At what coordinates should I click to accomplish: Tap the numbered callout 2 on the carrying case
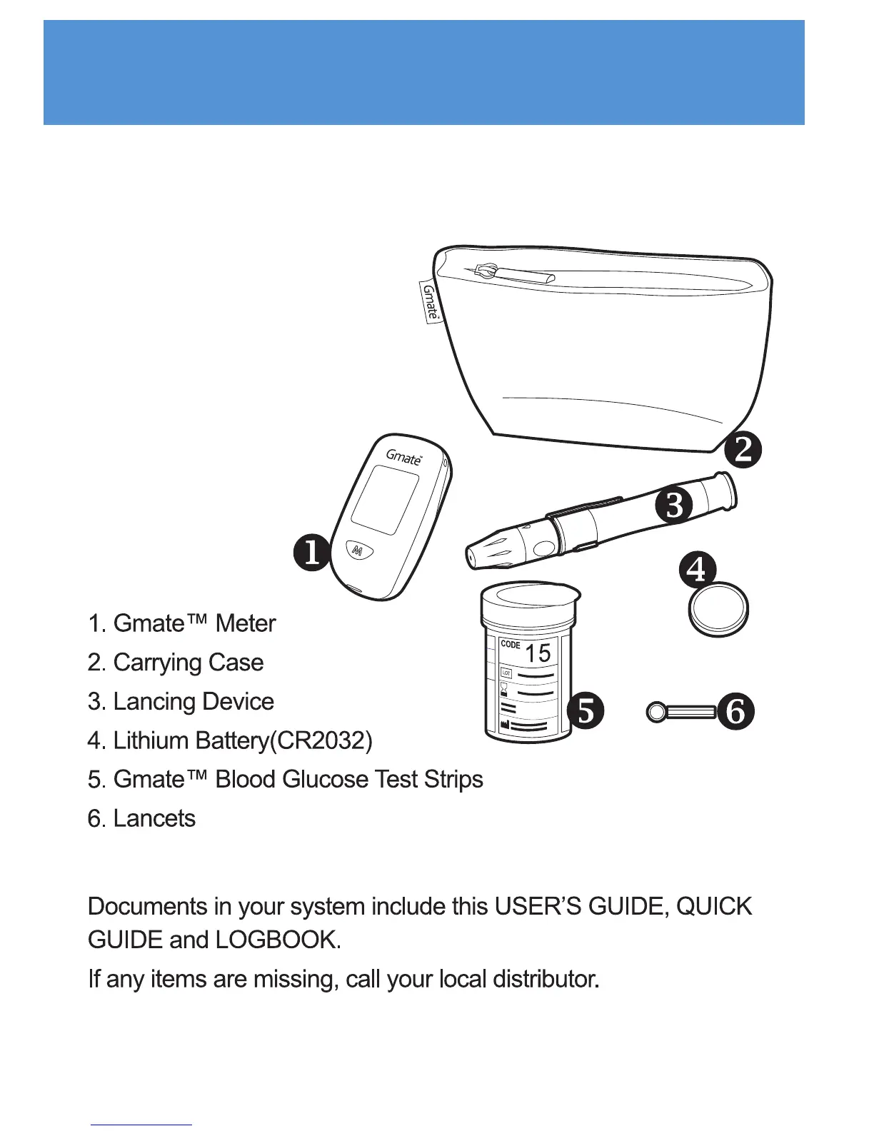(x=743, y=450)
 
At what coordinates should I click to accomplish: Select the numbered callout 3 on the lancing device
(x=674, y=505)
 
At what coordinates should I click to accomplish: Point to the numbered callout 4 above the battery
(x=696, y=569)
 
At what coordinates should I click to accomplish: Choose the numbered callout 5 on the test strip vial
(x=586, y=710)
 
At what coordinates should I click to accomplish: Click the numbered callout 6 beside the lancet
(x=735, y=711)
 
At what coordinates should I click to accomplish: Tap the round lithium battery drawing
(x=718, y=610)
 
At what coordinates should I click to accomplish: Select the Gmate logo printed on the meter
(x=404, y=457)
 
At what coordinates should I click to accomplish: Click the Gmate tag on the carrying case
(x=430, y=302)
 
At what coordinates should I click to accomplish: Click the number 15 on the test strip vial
(x=538, y=653)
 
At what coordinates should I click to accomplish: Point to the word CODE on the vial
(x=511, y=644)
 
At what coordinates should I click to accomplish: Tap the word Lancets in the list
(x=154, y=818)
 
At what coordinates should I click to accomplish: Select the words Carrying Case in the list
(x=189, y=663)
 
